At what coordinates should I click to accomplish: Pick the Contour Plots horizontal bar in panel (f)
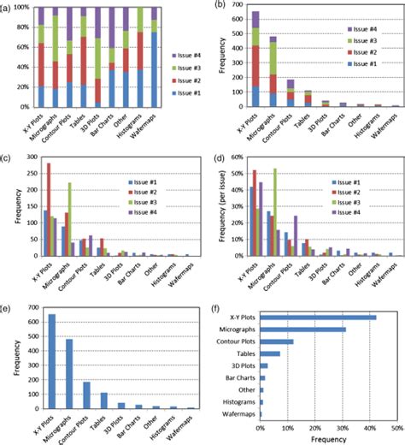(276, 341)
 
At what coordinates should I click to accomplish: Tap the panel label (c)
(7, 158)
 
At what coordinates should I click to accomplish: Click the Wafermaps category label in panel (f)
(237, 413)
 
